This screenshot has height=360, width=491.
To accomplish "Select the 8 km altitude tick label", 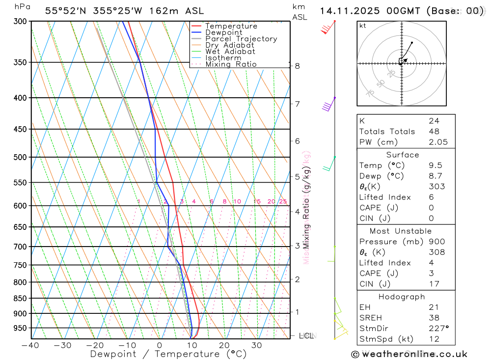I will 297,66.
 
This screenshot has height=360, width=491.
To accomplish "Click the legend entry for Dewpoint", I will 223,32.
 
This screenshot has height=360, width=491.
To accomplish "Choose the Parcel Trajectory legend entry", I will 241,39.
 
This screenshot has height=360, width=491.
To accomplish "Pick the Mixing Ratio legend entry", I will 231,64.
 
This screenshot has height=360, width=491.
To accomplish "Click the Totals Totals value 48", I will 434,131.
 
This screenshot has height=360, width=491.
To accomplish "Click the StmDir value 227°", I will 438,329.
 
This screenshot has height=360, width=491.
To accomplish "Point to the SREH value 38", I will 434,318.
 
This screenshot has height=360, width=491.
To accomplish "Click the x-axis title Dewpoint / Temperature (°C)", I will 168,354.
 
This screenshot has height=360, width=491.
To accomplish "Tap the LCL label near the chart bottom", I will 306,336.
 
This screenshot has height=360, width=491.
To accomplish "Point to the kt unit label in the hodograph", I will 363,26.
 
